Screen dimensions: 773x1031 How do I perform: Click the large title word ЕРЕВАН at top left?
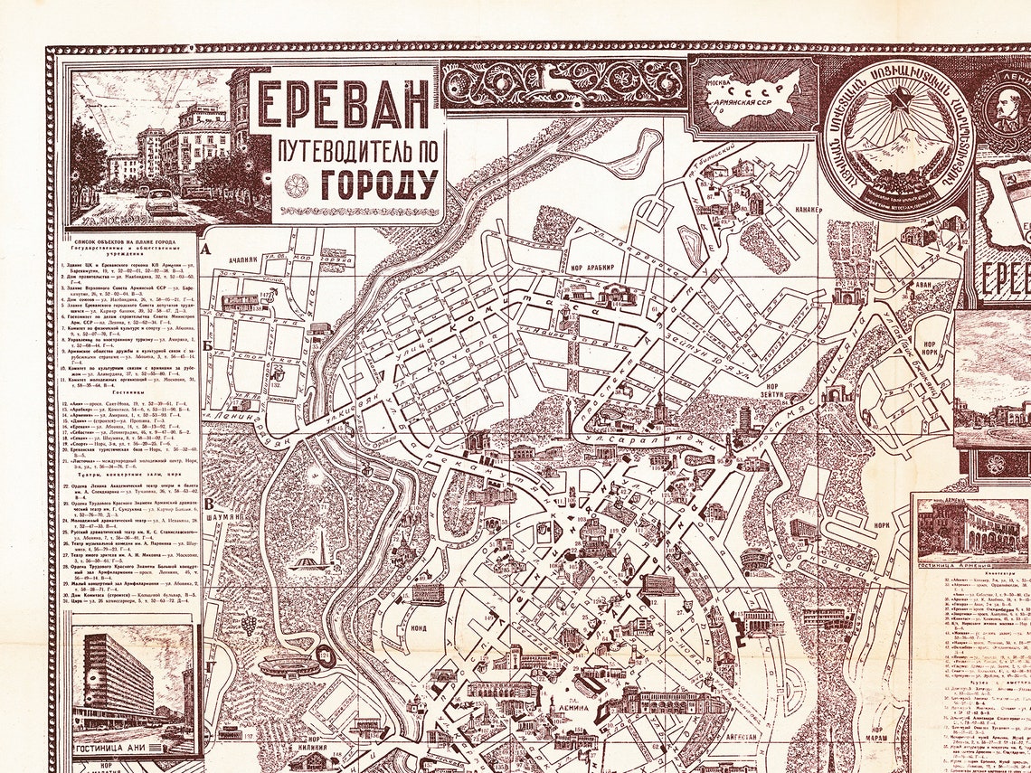(x=344, y=106)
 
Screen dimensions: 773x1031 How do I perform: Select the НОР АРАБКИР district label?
(x=591, y=268)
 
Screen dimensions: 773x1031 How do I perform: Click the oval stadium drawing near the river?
(x=288, y=667)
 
